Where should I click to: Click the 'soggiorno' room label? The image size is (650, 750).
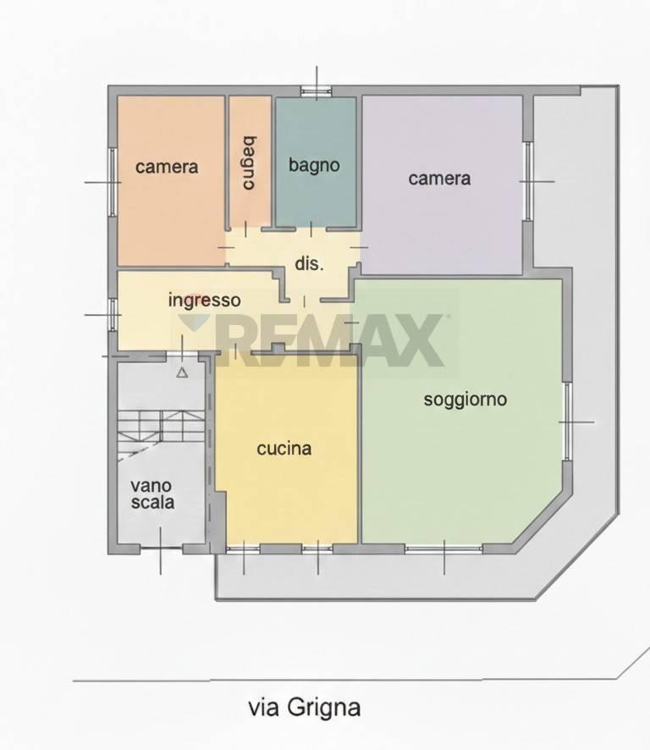click(465, 400)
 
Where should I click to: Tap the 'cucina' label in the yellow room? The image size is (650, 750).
click(284, 449)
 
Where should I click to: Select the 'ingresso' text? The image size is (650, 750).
click(204, 301)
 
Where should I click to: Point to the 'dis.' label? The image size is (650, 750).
click(309, 263)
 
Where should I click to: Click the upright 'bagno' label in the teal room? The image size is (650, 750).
click(314, 166)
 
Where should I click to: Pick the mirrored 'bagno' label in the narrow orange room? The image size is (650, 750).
click(249, 163)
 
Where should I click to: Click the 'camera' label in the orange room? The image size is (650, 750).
click(167, 167)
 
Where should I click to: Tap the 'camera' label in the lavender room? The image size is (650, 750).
click(439, 179)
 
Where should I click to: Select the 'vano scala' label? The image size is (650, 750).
click(152, 494)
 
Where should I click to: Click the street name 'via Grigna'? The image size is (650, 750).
click(304, 708)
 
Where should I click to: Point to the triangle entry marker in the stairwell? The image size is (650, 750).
click(182, 372)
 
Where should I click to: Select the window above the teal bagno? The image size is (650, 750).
click(316, 91)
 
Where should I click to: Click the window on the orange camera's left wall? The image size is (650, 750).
click(113, 182)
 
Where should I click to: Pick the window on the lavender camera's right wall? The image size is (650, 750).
click(528, 181)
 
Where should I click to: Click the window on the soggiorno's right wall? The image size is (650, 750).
click(567, 422)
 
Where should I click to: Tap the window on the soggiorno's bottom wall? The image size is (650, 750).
click(443, 549)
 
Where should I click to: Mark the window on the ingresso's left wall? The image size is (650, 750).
click(113, 314)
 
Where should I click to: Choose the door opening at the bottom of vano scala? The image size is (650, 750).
click(160, 549)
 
